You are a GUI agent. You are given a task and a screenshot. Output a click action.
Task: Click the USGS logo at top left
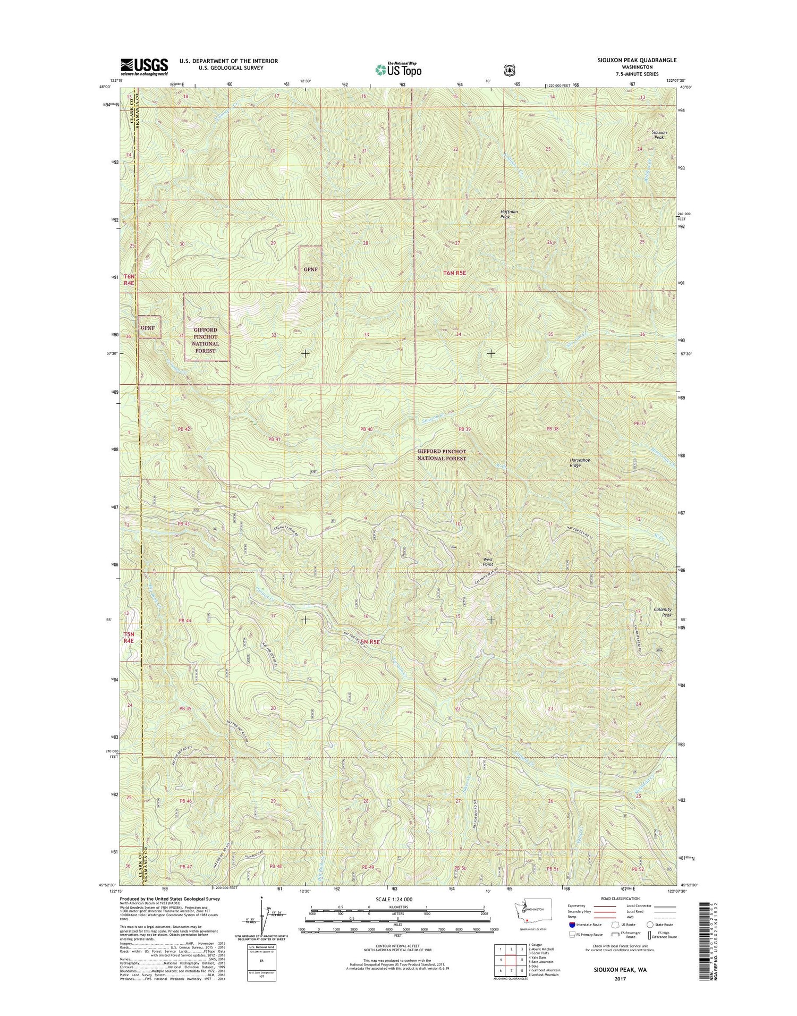coord(144,66)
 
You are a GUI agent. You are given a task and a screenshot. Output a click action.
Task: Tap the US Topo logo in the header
coord(398,69)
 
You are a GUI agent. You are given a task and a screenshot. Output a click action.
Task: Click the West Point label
coord(487,562)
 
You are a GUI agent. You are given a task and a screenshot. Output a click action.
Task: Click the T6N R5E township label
coord(458,273)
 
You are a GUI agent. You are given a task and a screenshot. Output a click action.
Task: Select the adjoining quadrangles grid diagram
coord(507,960)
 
